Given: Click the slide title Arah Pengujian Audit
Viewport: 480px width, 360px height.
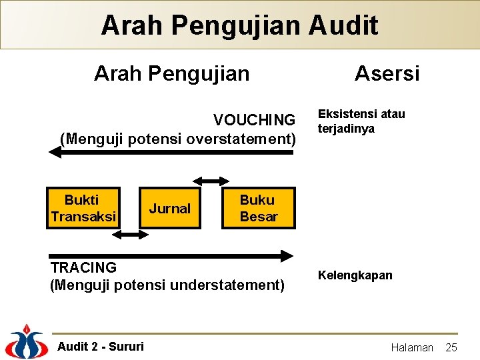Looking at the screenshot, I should [x=239, y=25].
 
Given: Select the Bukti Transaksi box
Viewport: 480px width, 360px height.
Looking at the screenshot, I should [x=83, y=208].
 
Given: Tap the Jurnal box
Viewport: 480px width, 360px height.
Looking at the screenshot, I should [x=169, y=209].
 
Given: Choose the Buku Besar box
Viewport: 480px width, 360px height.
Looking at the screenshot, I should [x=258, y=208].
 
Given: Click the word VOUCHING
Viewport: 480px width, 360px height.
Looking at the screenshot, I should [x=254, y=120].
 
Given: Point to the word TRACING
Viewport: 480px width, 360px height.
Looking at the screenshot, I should [x=83, y=267].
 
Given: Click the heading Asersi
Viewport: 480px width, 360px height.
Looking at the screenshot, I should [x=387, y=73].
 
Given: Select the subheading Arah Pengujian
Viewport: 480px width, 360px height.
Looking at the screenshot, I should [x=171, y=73].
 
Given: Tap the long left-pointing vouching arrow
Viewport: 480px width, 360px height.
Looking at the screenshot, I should [x=171, y=152].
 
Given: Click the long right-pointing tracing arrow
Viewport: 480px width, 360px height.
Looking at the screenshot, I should [x=171, y=255].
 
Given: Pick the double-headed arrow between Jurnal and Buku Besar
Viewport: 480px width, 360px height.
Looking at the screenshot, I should [x=210, y=180].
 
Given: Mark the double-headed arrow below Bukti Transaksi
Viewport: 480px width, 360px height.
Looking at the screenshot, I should [x=133, y=235].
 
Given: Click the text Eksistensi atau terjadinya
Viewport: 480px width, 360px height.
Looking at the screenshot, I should [x=361, y=121].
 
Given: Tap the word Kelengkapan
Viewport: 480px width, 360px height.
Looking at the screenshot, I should [x=355, y=275].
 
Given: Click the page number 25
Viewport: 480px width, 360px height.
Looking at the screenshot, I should [x=451, y=347].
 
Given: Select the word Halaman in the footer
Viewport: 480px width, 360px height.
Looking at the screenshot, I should [x=411, y=347].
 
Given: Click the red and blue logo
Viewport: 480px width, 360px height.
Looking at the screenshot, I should [x=27, y=342].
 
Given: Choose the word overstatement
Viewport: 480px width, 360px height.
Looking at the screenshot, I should [x=241, y=138].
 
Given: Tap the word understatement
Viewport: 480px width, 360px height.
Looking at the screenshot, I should [x=228, y=285].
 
